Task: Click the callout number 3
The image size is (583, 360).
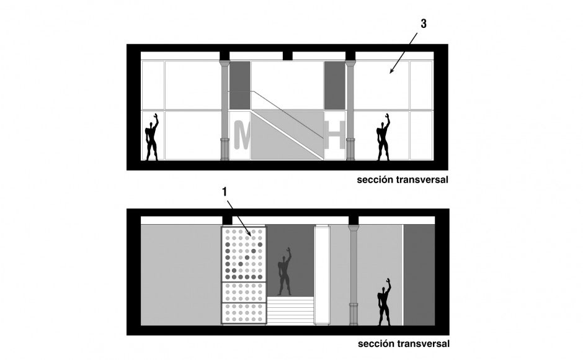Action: point(424,24)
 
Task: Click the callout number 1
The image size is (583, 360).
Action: point(225,192)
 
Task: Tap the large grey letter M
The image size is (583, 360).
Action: point(242,135)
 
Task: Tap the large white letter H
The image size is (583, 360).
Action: point(335,135)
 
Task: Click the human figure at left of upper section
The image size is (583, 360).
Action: point(152,137)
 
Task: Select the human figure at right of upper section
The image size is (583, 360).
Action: point(383,137)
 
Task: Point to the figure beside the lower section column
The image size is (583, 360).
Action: point(384,301)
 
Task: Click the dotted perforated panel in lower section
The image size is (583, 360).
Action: point(244,275)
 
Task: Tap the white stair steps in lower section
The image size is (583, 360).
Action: point(290,310)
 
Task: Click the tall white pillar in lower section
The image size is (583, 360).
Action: point(322,274)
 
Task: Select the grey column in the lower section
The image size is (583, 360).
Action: point(354,274)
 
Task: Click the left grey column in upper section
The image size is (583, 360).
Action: point(225,110)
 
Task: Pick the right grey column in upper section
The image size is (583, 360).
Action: point(350,110)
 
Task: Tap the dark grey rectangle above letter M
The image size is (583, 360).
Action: point(240,85)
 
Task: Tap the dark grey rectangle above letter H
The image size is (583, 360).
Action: point(335,85)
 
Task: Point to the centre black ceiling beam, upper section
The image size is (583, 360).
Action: point(287,55)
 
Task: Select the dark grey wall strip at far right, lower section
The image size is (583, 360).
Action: point(419,275)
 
